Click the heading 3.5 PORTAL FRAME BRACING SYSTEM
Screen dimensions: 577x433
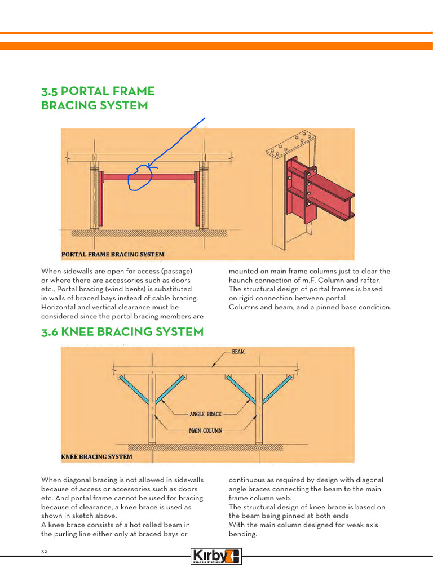click(98, 98)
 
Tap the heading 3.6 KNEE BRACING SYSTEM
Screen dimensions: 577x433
click(122, 332)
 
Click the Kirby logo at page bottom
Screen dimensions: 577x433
click(216, 556)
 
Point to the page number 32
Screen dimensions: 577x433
click(44, 551)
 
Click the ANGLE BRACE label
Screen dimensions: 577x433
click(205, 414)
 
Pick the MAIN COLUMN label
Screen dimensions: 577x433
click(206, 430)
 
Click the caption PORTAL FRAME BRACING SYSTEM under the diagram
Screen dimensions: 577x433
click(113, 254)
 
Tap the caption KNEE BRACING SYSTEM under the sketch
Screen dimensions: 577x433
click(96, 456)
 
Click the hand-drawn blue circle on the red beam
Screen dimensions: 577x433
click(140, 178)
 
